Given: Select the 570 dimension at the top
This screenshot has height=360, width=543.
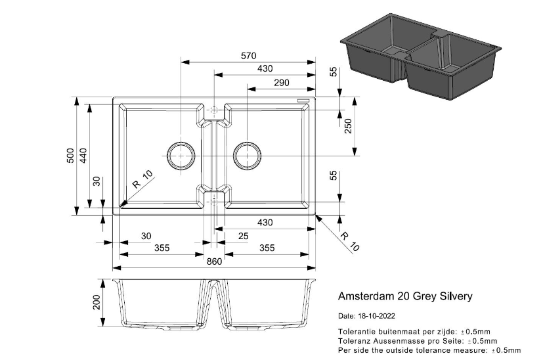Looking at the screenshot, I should click(x=248, y=56).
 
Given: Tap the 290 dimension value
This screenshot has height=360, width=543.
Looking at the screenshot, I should click(x=281, y=83).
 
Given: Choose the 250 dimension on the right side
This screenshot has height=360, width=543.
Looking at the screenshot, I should click(x=349, y=125).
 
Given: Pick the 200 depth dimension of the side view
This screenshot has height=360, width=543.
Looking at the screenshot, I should click(x=97, y=303).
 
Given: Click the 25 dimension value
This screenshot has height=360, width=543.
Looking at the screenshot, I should click(x=243, y=236).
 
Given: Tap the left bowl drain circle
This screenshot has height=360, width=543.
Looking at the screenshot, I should click(x=181, y=155).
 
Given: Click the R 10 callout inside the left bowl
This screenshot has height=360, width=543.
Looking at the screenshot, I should click(x=142, y=179).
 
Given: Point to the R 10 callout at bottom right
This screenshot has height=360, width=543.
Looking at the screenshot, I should click(x=350, y=242).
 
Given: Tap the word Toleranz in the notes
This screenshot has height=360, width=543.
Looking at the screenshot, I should click(x=355, y=340).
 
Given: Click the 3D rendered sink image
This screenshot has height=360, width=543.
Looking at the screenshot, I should click(x=420, y=56).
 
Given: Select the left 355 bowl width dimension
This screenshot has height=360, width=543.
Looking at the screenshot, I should click(x=162, y=248).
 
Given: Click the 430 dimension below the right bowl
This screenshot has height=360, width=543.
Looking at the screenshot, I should click(x=265, y=223).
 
